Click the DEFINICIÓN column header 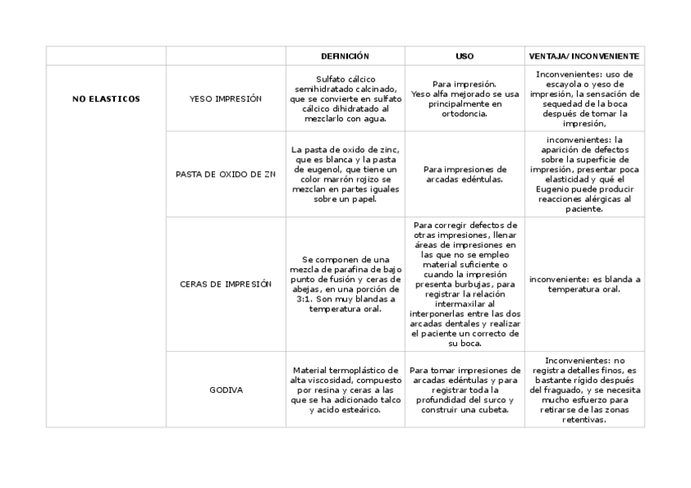click(345, 56)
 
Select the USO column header click(464, 56)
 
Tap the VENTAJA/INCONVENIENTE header click(584, 56)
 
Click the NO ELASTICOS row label click(106, 99)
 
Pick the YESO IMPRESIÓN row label click(225, 99)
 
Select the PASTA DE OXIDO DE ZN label click(226, 174)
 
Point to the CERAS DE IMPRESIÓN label click(225, 284)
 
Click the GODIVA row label click(225, 389)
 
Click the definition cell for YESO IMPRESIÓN click(345, 99)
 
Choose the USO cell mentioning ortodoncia click(464, 99)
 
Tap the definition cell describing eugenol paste click(345, 174)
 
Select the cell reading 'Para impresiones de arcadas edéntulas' click(464, 174)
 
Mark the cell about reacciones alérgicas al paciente click(584, 174)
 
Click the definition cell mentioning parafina click(345, 284)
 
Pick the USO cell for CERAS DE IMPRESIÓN click(464, 284)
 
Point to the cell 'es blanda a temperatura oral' click(584, 284)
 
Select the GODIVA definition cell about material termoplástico click(345, 389)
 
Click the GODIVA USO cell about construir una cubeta click(464, 389)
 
